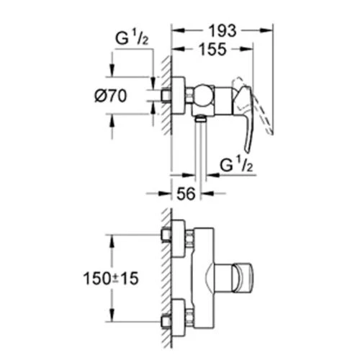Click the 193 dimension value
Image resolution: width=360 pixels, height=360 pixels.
coord(222,31)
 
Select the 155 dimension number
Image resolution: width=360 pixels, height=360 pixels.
coord(213,49)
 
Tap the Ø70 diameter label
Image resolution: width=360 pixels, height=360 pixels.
coord(111,96)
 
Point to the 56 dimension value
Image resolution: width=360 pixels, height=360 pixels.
coord(186,194)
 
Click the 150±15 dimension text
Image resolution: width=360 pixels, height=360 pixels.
coord(111,279)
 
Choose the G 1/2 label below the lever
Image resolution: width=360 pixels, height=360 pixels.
coord(236,164)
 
